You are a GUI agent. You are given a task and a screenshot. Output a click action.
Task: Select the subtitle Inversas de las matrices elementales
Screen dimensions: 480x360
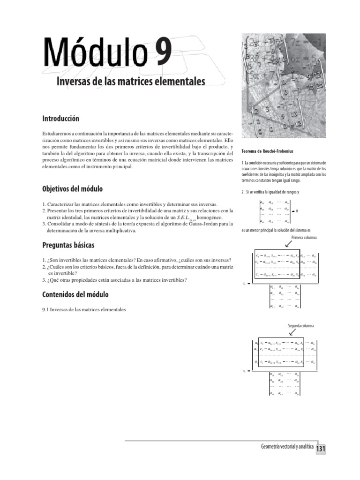(x=131, y=82)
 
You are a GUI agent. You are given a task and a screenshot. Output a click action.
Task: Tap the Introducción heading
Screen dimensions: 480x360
(x=61, y=119)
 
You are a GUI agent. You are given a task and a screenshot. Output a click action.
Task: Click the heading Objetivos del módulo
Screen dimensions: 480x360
(x=72, y=189)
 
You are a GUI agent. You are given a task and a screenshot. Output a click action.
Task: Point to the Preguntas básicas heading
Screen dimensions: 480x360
(x=68, y=245)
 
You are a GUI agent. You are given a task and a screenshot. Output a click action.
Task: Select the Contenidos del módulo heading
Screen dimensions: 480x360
(x=75, y=294)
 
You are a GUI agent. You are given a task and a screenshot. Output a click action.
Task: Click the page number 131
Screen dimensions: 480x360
(x=320, y=449)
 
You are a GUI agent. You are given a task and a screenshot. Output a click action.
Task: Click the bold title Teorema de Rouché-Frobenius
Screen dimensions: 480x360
(x=267, y=151)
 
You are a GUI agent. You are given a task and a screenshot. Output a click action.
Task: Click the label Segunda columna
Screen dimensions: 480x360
(x=300, y=325)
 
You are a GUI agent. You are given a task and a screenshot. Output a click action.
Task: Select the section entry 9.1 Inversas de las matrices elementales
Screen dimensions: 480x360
(x=84, y=309)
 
